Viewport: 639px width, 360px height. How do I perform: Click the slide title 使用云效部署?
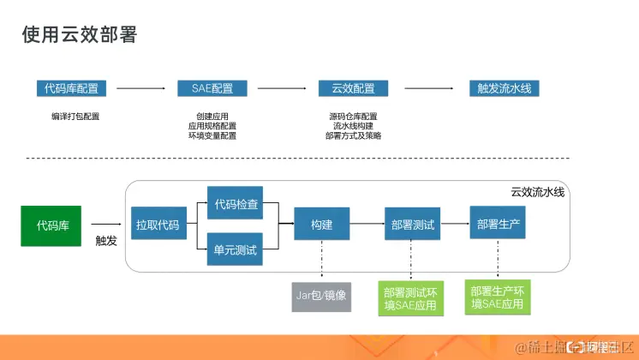79,35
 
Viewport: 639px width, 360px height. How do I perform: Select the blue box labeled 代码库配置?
69,88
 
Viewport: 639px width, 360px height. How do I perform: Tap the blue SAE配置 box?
212,88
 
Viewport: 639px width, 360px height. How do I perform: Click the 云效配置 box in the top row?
353,88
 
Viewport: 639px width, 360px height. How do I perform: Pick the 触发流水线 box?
504,88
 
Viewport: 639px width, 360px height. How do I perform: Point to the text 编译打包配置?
75,117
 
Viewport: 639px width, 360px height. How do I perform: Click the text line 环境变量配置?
212,135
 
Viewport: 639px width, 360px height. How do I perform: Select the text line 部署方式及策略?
353,135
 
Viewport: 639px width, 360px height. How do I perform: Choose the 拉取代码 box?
158,226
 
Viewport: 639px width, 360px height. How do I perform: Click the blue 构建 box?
321,226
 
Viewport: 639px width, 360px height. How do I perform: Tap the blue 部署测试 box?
412,226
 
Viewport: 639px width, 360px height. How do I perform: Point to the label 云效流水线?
537,193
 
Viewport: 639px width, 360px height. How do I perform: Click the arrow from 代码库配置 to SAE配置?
140,88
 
